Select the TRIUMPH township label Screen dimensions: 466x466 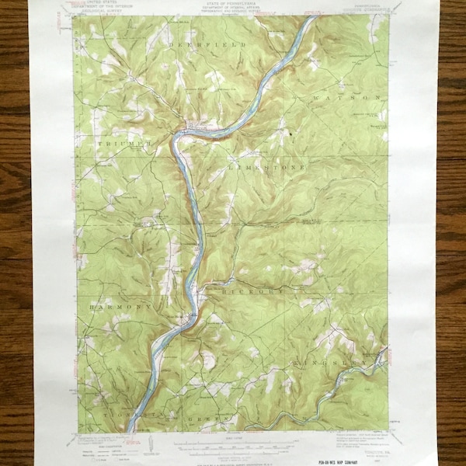123,144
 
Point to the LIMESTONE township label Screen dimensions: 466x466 266,167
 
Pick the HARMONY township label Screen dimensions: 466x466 113,307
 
